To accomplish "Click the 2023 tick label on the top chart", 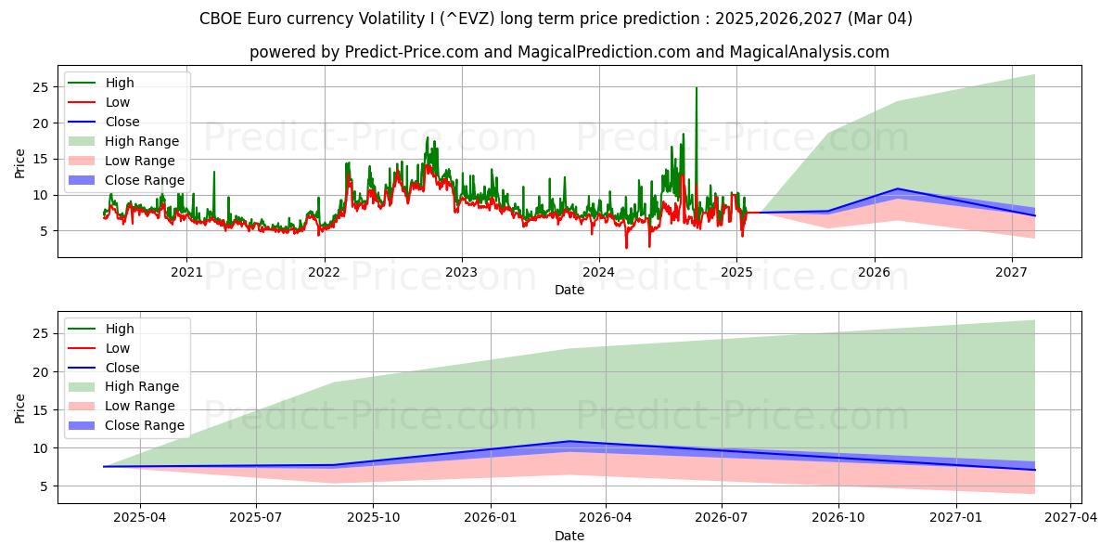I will (x=461, y=272).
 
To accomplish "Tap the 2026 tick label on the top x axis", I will (x=874, y=272).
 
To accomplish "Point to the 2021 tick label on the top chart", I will (x=186, y=272).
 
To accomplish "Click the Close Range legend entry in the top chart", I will (x=144, y=180).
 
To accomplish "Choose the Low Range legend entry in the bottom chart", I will (x=140, y=407).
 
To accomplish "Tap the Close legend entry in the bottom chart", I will (x=122, y=368).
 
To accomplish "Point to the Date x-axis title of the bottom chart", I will (x=569, y=536).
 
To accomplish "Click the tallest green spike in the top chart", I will (x=697, y=89).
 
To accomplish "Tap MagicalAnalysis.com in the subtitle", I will (x=809, y=52).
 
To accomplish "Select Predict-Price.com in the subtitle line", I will (x=399, y=52).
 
